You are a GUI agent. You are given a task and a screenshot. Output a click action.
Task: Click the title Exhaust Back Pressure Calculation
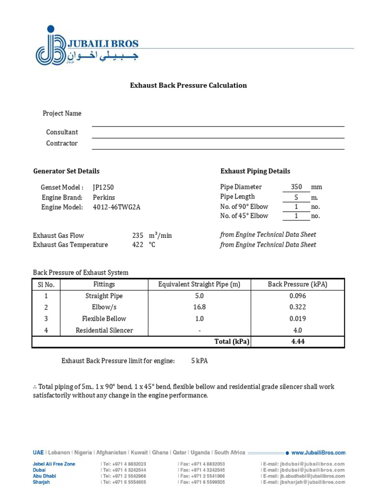188,85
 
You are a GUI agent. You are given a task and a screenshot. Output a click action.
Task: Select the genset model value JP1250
103,187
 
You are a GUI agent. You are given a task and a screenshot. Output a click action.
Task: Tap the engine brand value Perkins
104,197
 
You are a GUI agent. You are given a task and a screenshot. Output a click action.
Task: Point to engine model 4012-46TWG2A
117,207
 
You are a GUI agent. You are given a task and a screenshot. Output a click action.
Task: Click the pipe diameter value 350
296,187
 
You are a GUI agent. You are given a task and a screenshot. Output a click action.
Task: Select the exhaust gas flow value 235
137,235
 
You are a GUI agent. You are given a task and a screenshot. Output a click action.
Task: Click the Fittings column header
104,284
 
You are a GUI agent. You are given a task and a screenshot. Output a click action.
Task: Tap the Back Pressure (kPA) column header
297,284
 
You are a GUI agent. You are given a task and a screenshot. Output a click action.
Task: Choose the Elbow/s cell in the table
104,307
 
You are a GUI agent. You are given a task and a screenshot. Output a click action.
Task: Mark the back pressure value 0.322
297,307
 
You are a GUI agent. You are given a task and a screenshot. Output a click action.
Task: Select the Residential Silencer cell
104,330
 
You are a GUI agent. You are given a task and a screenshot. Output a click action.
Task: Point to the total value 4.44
297,342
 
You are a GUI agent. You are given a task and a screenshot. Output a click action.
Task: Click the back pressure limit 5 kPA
199,361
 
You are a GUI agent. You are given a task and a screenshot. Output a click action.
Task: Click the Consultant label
62,132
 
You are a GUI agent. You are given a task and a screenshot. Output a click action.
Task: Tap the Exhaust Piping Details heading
255,171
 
